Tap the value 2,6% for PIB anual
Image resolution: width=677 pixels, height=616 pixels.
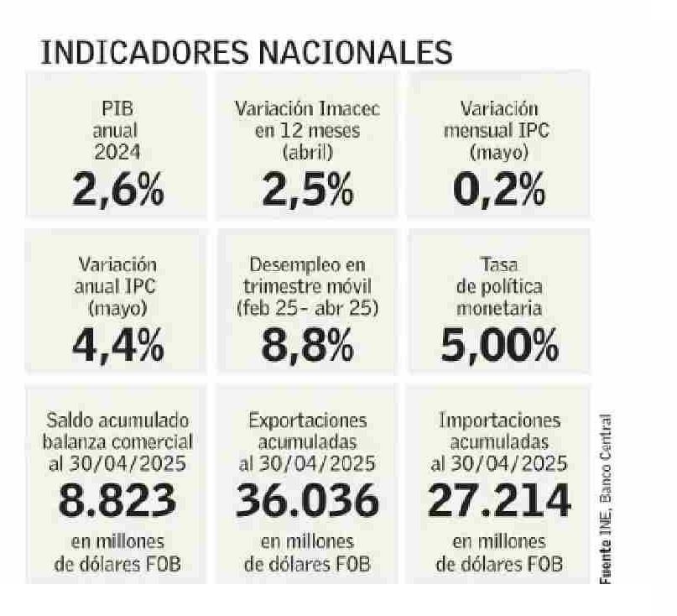(117, 191)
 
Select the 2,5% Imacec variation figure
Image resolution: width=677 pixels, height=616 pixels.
(308, 191)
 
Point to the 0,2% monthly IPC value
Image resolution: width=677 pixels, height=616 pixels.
(499, 191)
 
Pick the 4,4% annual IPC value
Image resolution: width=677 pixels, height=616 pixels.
(117, 346)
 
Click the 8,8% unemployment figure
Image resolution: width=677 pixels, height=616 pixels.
(308, 346)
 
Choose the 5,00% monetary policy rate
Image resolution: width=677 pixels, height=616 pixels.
(499, 346)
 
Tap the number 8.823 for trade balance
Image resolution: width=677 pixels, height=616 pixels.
(117, 501)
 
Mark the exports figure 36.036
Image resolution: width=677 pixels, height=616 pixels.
(308, 501)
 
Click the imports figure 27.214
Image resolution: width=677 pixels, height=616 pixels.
(499, 501)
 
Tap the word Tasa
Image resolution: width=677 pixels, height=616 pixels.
(499, 264)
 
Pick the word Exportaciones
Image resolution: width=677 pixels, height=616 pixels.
(308, 420)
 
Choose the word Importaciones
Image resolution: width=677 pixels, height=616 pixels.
(499, 420)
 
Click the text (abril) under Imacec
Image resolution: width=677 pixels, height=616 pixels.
(308, 154)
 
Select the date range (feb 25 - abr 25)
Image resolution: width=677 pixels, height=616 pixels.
(308, 307)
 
